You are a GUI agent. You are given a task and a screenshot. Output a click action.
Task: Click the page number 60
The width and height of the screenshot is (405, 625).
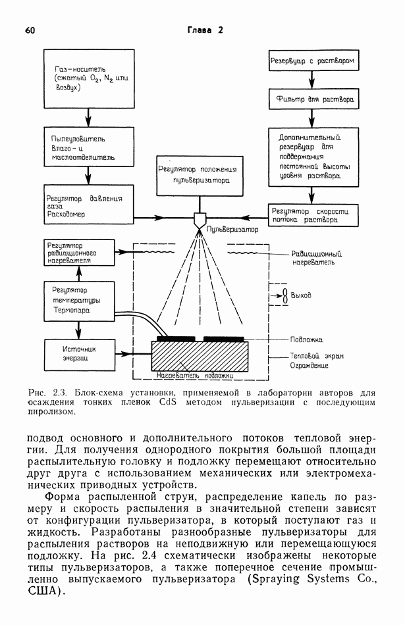click(x=30, y=30)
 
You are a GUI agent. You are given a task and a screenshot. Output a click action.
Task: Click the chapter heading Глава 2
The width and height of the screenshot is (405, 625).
click(x=205, y=30)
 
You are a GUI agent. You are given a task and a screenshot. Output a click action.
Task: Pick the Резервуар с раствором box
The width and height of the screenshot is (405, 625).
click(x=313, y=62)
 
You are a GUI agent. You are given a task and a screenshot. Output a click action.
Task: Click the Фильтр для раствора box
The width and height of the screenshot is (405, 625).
click(x=313, y=101)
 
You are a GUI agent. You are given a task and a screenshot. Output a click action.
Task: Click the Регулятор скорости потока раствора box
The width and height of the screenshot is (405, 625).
click(x=313, y=216)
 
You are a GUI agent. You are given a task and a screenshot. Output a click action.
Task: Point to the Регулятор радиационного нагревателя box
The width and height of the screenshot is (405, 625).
click(x=78, y=252)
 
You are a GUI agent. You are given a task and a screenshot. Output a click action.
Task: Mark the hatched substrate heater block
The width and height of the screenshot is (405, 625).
click(x=200, y=358)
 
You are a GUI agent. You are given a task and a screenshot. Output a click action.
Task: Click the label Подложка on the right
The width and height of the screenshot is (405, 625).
click(x=306, y=340)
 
